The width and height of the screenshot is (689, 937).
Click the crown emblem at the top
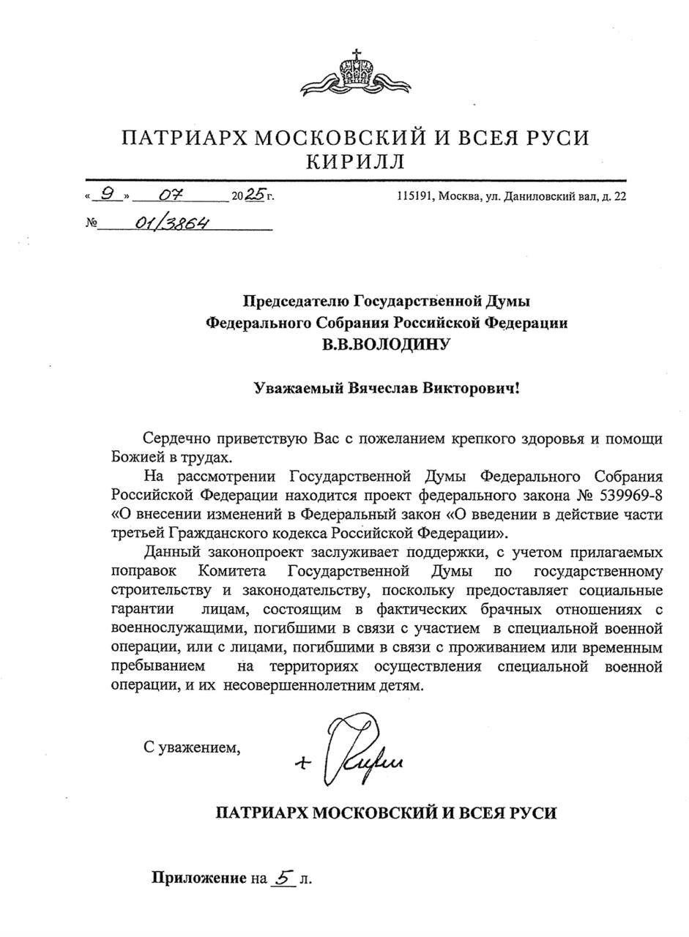coord(356,74)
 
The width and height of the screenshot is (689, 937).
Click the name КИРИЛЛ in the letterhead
coord(355,161)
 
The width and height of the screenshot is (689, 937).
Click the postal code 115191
coord(414,196)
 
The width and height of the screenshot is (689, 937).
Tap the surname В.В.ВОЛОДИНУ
coord(386,344)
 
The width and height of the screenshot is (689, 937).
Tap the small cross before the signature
coord(302,763)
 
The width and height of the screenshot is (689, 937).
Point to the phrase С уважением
coord(191,747)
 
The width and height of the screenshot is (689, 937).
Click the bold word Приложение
coord(198,878)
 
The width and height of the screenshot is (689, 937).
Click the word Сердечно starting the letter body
coord(175,439)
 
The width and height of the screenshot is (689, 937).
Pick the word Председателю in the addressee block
coord(297,301)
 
